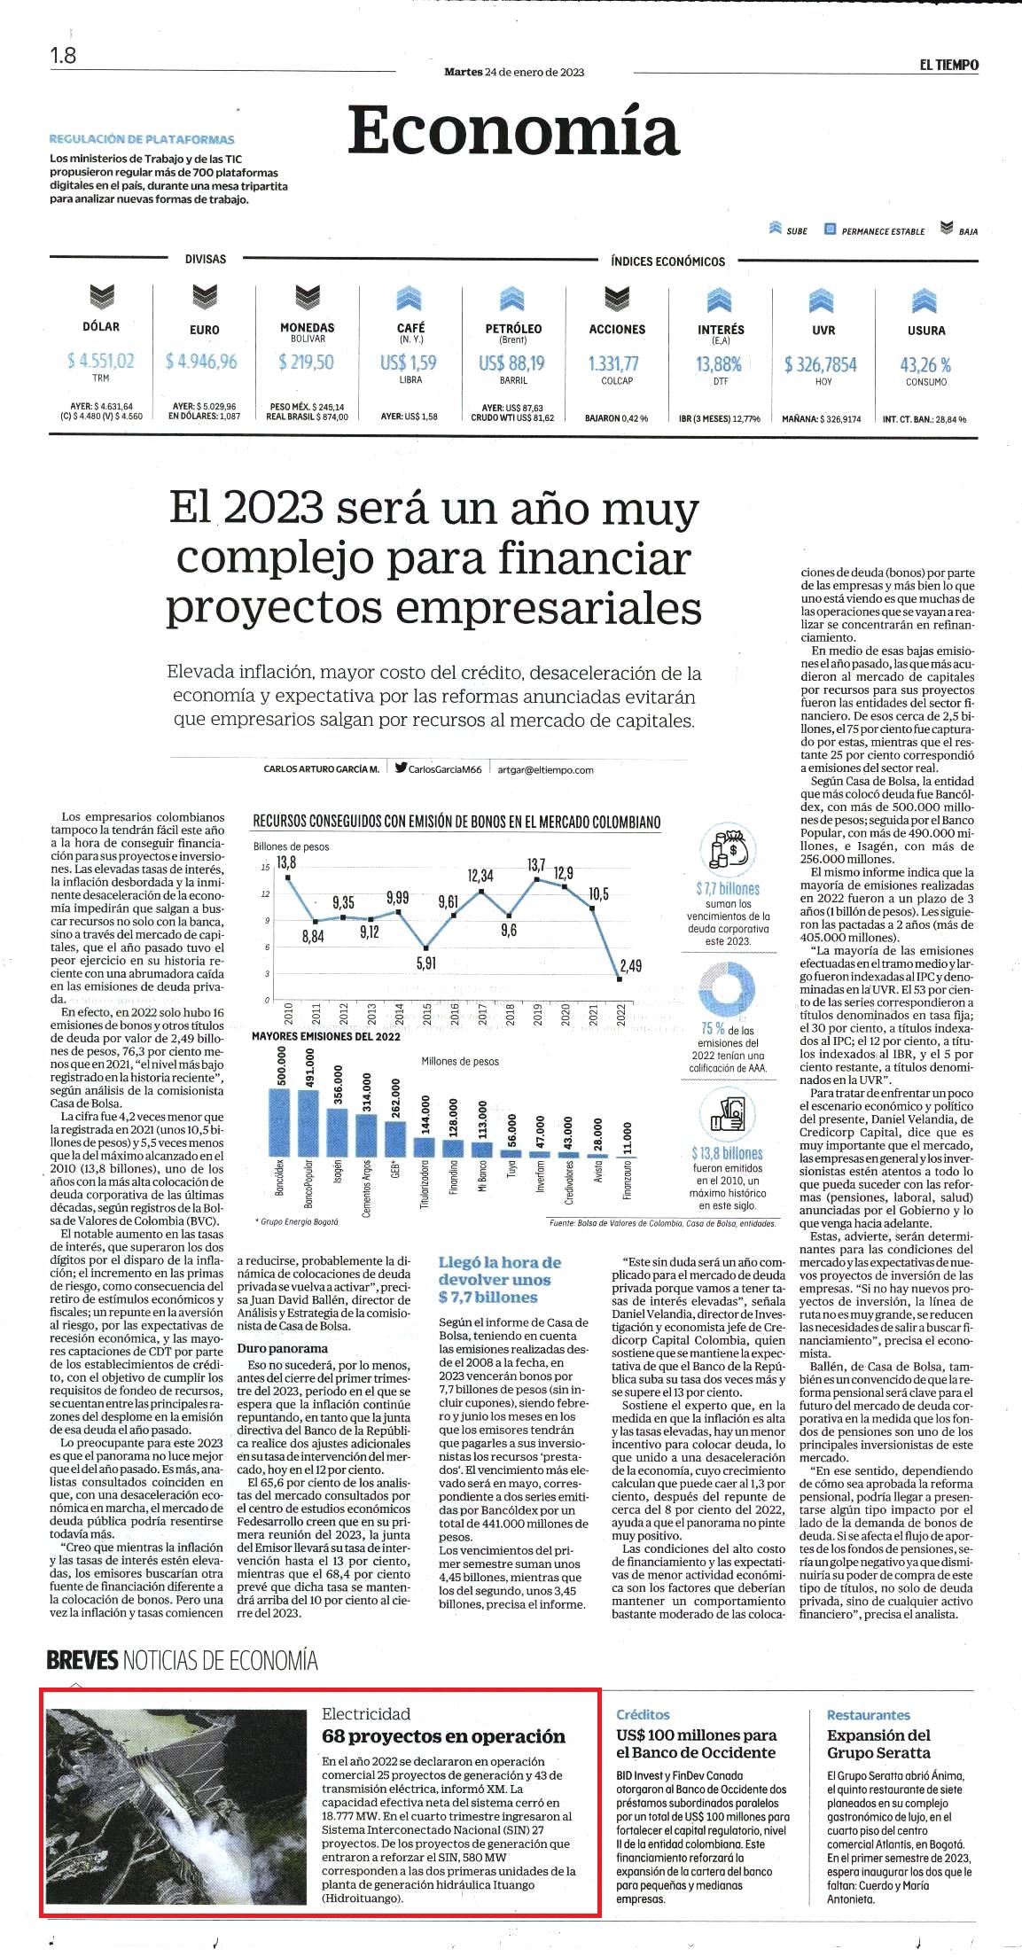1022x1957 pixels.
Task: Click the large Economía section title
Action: coord(513,130)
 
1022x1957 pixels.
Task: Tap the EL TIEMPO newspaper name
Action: coord(948,65)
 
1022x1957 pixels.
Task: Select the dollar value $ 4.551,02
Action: coord(101,361)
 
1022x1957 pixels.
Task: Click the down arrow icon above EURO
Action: coord(205,298)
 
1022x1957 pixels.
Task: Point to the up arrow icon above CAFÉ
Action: coord(410,298)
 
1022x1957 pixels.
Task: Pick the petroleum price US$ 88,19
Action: coord(512,363)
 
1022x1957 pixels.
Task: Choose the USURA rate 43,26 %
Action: coord(925,364)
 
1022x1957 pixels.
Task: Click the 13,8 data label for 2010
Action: coord(285,862)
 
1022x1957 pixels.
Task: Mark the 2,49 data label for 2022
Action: coord(630,965)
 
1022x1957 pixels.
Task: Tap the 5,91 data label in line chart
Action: coord(425,963)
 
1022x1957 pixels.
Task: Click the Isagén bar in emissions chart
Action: coord(337,1132)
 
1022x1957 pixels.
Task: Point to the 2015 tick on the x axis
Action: coord(426,1014)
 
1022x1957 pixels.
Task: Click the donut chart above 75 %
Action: coord(727,990)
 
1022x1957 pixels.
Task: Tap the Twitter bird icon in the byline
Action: coord(401,768)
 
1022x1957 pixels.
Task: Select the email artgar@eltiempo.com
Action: coord(545,769)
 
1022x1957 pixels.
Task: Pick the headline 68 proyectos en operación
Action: coord(443,1735)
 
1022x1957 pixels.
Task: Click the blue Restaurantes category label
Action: coord(869,1715)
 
